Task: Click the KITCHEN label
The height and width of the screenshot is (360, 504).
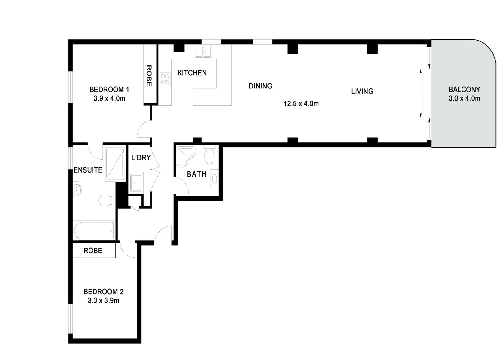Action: tap(192, 73)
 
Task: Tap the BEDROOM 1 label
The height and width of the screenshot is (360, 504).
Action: tap(109, 89)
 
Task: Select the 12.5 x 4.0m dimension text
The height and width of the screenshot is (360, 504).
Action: tap(301, 104)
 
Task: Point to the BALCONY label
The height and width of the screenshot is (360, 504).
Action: tap(464, 89)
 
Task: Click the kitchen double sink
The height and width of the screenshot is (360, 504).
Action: tap(203, 52)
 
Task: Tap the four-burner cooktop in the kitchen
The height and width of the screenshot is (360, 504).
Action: tap(165, 79)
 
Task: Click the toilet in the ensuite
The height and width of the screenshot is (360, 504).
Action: tap(106, 200)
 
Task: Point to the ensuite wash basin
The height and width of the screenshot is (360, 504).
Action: tap(77, 190)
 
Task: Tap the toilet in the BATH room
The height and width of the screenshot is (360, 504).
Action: tap(209, 155)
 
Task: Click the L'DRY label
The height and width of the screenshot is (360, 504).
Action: tap(141, 158)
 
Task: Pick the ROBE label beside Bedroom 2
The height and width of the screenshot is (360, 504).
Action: tap(93, 251)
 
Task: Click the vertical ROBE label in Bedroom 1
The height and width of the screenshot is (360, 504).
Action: tap(149, 76)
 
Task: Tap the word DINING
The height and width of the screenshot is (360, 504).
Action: tap(260, 86)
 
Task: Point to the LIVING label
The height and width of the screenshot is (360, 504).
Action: tap(362, 91)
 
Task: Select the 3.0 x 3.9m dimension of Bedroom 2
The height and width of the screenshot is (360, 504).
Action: tap(103, 301)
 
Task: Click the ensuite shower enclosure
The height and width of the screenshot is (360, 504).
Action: tap(115, 163)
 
